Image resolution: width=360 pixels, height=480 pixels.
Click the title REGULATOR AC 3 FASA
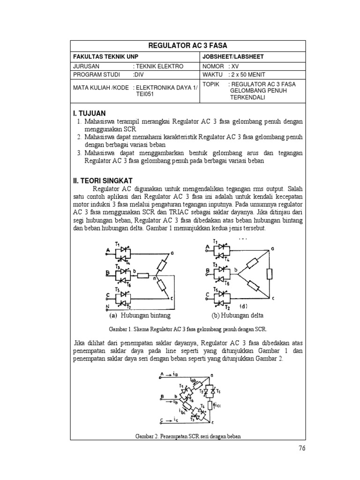pyautogui.click(x=187, y=45)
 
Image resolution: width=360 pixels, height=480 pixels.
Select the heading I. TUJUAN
pyautogui.click(x=90, y=113)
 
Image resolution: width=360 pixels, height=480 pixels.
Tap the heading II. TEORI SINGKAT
pyautogui.click(x=103, y=180)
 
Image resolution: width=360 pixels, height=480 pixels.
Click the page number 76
pyautogui.click(x=301, y=448)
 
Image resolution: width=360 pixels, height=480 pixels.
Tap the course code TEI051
pyautogui.click(x=146, y=94)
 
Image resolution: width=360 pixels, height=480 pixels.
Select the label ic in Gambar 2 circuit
pyautogui.click(x=177, y=419)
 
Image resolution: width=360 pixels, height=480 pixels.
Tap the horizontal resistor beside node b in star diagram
pyautogui.click(x=144, y=274)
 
